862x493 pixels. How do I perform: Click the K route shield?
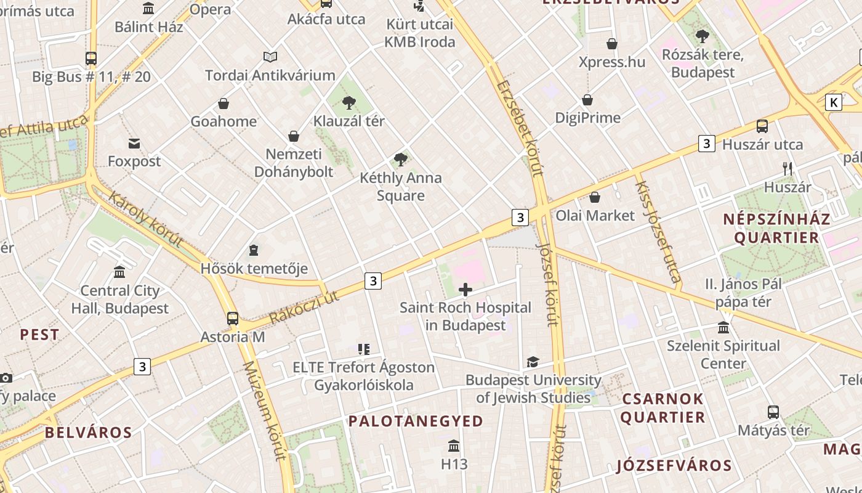[x=834, y=102]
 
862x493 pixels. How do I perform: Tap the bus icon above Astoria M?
[x=233, y=319]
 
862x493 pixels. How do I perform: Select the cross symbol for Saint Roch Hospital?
[x=465, y=290]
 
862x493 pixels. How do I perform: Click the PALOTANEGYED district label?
[x=416, y=422]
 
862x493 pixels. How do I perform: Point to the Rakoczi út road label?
[x=304, y=308]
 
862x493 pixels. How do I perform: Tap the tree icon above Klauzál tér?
[x=349, y=102]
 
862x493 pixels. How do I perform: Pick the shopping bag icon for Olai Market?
[x=595, y=197]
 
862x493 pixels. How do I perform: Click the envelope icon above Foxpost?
[x=134, y=144]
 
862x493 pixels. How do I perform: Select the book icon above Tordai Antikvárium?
[x=270, y=57]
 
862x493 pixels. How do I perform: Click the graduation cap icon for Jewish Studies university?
[x=533, y=362]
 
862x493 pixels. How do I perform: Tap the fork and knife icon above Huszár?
[x=787, y=168]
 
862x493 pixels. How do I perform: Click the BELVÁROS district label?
[x=88, y=433]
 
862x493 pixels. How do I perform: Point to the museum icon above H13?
[x=454, y=446]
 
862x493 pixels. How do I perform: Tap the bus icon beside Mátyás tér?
[x=773, y=412]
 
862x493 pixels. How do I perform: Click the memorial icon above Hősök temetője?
[x=254, y=250]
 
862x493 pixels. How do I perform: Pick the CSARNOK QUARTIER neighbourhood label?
[x=663, y=408]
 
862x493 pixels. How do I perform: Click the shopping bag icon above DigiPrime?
[x=587, y=100]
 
